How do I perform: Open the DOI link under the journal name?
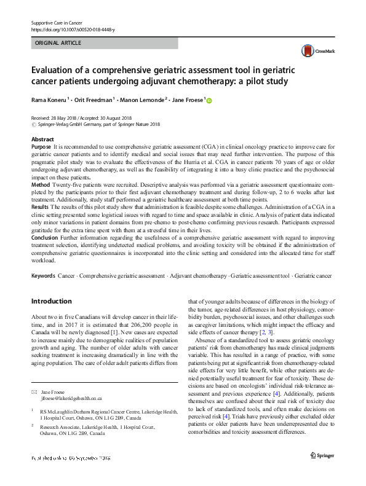[72, 29]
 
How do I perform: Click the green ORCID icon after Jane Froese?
[208, 101]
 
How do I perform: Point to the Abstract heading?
[42, 140]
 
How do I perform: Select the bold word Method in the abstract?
[41, 184]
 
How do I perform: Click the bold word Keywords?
[43, 276]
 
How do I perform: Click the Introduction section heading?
[51, 302]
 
